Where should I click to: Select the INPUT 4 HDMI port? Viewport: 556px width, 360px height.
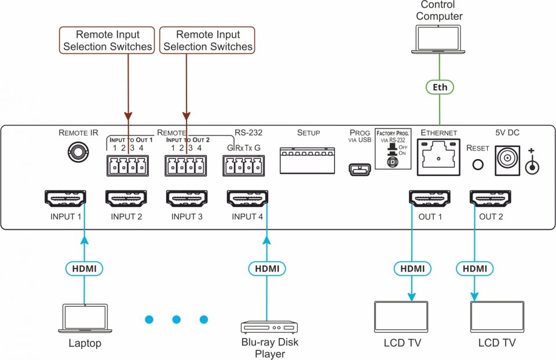point(248,199)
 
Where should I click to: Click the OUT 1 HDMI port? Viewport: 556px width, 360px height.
point(429,199)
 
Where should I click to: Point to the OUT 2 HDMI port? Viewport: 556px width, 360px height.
point(491,199)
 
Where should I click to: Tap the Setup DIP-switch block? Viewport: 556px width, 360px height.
point(308,160)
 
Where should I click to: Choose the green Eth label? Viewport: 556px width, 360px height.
point(438,87)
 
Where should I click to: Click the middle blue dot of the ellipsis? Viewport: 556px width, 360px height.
point(177,319)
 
